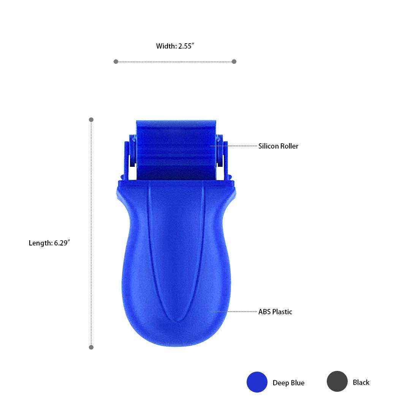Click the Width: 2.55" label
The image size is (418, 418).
coord(175,46)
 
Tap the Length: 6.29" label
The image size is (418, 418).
coord(49,243)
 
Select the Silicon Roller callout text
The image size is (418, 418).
coord(278,146)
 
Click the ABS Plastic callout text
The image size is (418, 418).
coord(275,312)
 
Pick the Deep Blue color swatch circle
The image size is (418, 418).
coord(257,382)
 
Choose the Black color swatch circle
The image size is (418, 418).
coord(337,382)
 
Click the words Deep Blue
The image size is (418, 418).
coord(288,383)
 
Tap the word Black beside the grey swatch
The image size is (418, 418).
coord(361,382)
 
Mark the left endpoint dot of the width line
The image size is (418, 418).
coord(116,62)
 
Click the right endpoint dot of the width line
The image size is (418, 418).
coord(234,62)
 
